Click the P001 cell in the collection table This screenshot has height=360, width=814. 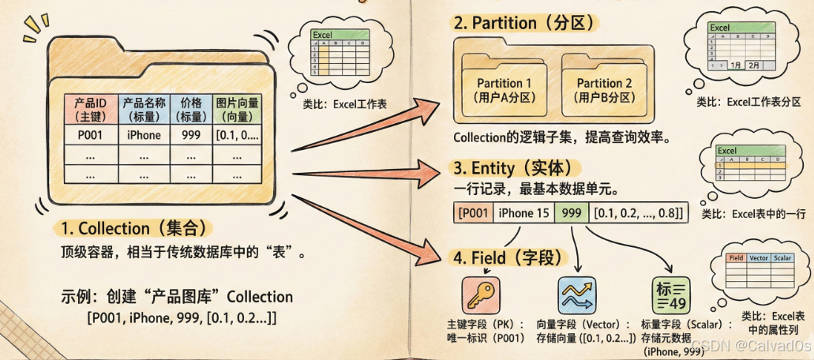coord(86,134)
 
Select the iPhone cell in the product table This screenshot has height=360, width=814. coord(144,134)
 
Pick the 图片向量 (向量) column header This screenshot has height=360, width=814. coord(238,109)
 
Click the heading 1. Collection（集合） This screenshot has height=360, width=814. coord(133,229)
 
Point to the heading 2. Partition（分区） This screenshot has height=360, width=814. coord(521,23)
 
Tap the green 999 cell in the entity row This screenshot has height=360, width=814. coord(571,212)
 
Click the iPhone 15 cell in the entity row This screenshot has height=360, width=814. coord(523,212)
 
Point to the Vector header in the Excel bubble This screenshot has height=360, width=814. coord(757,257)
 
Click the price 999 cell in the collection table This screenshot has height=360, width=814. coord(190,134)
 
